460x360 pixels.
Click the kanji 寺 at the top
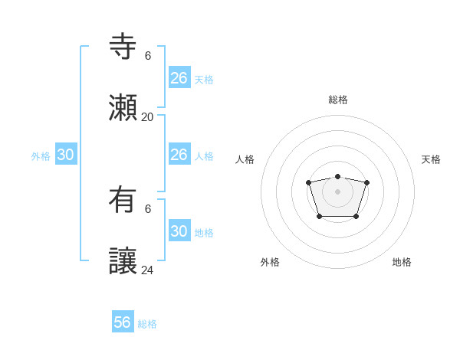123,47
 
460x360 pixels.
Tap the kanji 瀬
123,108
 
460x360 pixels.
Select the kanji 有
123,200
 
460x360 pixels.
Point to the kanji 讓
123,261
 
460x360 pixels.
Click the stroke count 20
147,117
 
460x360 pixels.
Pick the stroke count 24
147,270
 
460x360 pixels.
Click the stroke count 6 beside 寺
148,56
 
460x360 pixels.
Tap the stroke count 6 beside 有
148,209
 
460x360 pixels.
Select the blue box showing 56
123,322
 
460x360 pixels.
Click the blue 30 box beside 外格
65,155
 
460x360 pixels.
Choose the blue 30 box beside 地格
179,231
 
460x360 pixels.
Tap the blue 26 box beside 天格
179,78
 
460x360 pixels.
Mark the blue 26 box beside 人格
179,155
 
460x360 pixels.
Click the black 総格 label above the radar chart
337,100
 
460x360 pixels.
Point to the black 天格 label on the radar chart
431,159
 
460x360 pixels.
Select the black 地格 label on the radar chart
402,262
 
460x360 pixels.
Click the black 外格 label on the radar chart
270,262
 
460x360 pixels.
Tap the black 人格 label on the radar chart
245,159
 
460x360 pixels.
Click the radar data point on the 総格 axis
337,177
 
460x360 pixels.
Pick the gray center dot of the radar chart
337,191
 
